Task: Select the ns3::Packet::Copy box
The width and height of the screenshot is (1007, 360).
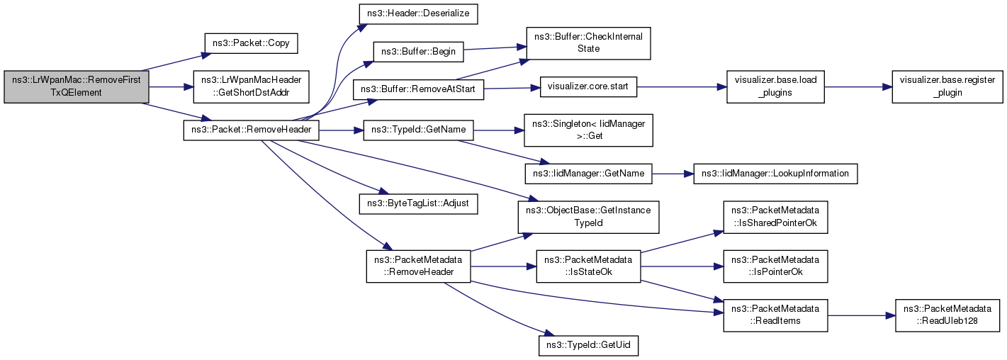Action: [251, 43]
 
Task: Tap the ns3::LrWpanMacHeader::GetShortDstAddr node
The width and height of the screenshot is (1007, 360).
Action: [251, 86]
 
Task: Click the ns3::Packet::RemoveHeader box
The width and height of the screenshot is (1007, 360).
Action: [251, 130]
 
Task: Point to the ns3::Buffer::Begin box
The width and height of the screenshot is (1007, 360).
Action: [418, 51]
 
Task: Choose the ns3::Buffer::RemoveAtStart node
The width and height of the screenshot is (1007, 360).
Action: [418, 90]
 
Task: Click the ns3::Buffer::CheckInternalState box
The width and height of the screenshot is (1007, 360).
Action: [587, 43]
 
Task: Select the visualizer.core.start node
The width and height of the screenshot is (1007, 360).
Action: [588, 89]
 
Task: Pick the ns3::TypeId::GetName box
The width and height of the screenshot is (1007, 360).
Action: [417, 130]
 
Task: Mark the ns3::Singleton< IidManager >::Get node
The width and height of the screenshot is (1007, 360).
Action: [587, 130]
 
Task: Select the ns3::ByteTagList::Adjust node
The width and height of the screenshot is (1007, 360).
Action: [418, 203]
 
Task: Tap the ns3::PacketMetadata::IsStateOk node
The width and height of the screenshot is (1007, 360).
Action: [588, 266]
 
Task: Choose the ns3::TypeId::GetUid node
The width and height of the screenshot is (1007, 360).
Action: [588, 346]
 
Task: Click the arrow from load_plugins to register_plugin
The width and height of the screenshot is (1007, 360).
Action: [858, 86]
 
